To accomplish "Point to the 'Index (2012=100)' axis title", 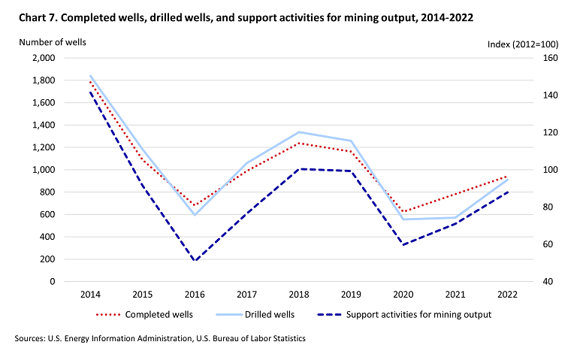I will click(x=524, y=47).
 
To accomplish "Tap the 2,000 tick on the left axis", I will click(x=44, y=58).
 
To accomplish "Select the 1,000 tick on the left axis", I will click(x=44, y=170).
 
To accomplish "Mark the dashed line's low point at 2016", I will click(x=195, y=262).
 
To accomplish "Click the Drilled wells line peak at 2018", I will click(x=299, y=132).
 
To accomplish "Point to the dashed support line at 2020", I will click(x=403, y=244).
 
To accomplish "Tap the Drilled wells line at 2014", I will click(x=91, y=75).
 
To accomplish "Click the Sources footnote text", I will click(x=160, y=340).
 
